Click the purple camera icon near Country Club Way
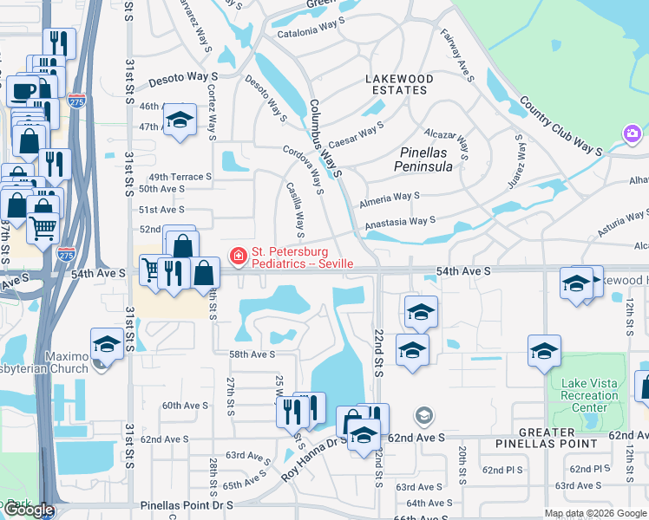click(632, 133)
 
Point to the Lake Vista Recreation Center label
click(589, 395)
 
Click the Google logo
click(29, 510)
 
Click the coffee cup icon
click(22, 90)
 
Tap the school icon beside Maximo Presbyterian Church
click(107, 343)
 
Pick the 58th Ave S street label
click(252, 354)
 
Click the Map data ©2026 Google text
click(595, 513)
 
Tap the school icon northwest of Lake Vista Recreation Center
click(544, 350)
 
